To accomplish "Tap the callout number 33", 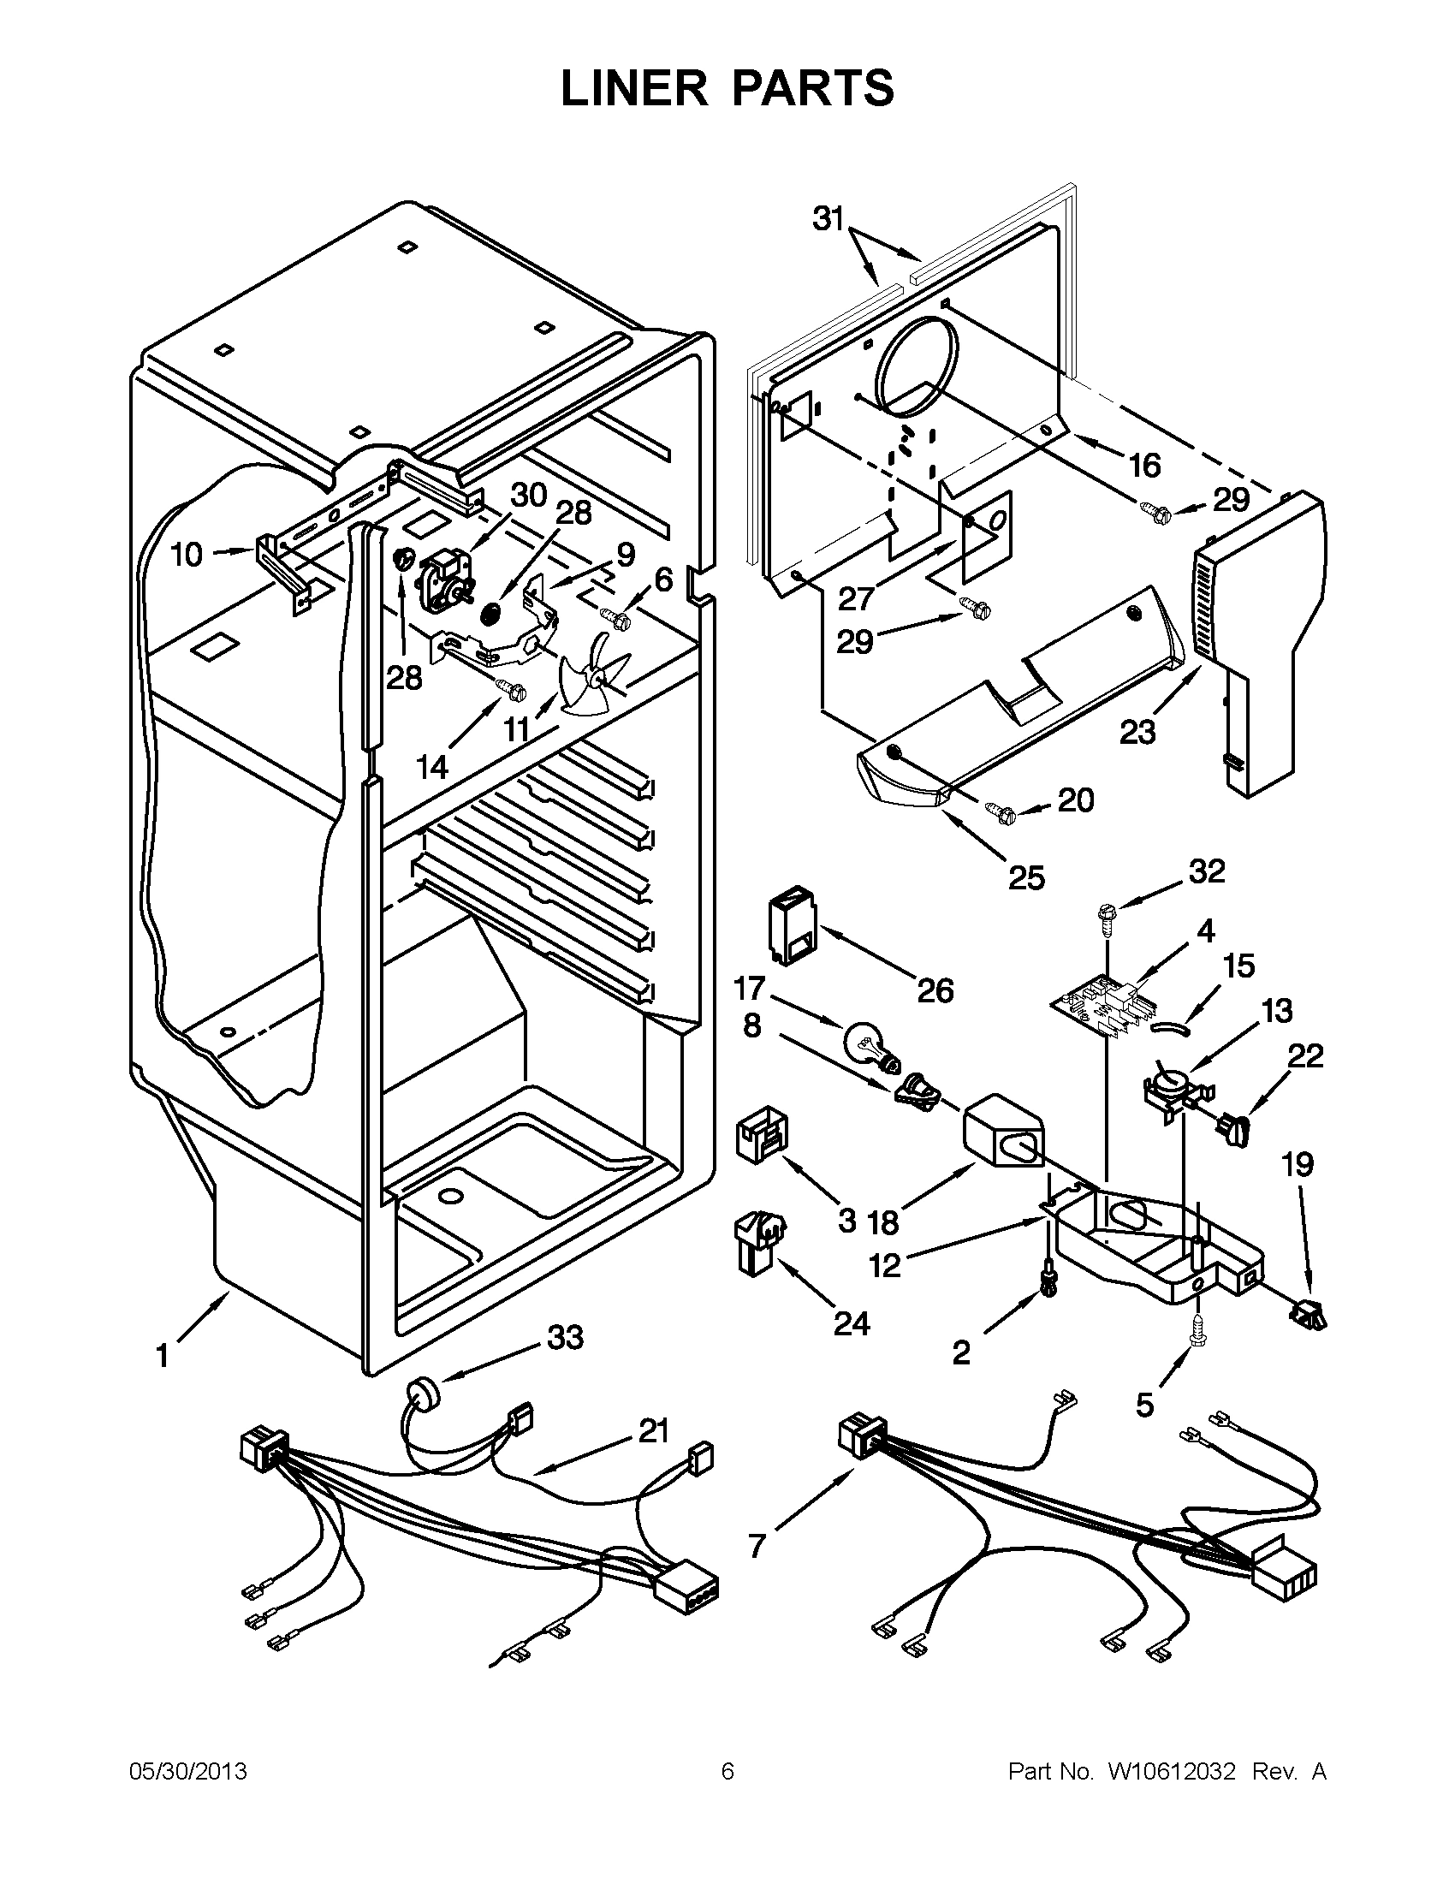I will pyautogui.click(x=565, y=1337).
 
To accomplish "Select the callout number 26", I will pyautogui.click(x=935, y=990).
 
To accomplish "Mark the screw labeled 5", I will pyautogui.click(x=1197, y=1356).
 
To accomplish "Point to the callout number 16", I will pyautogui.click(x=1144, y=466).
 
